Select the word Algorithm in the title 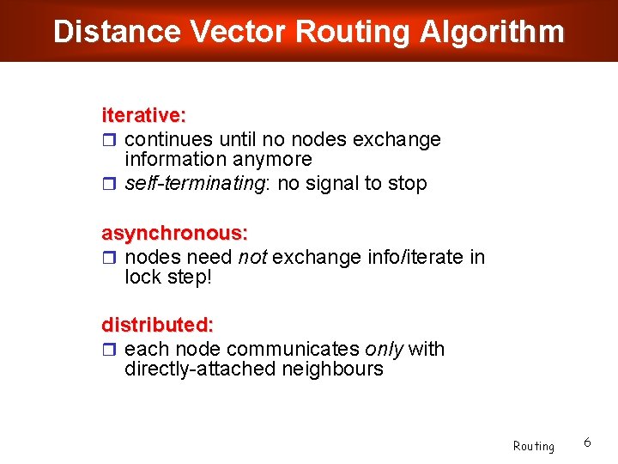point(492,32)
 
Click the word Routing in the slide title point(354,32)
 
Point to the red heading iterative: point(144,115)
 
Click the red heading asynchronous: point(175,234)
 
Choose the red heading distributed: point(158,326)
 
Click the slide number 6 point(587,442)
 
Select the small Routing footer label point(534,446)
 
